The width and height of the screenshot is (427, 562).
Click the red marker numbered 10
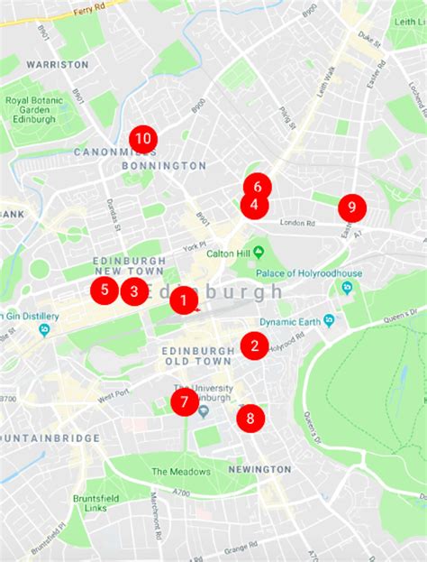click(143, 139)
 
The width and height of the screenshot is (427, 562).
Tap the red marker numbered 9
click(352, 207)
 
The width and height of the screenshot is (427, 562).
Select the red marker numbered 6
click(258, 187)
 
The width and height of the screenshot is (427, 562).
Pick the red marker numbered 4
click(254, 206)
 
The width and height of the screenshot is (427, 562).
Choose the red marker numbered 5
click(104, 290)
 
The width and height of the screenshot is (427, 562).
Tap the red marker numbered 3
click(134, 291)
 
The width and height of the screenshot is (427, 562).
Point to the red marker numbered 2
click(255, 345)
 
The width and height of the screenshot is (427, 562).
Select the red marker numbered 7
click(185, 401)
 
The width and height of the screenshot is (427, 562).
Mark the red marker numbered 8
click(250, 417)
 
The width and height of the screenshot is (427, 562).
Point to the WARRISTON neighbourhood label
click(58, 65)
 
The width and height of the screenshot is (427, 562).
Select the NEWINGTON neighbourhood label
click(259, 470)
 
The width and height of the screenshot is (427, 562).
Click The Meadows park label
click(180, 472)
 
